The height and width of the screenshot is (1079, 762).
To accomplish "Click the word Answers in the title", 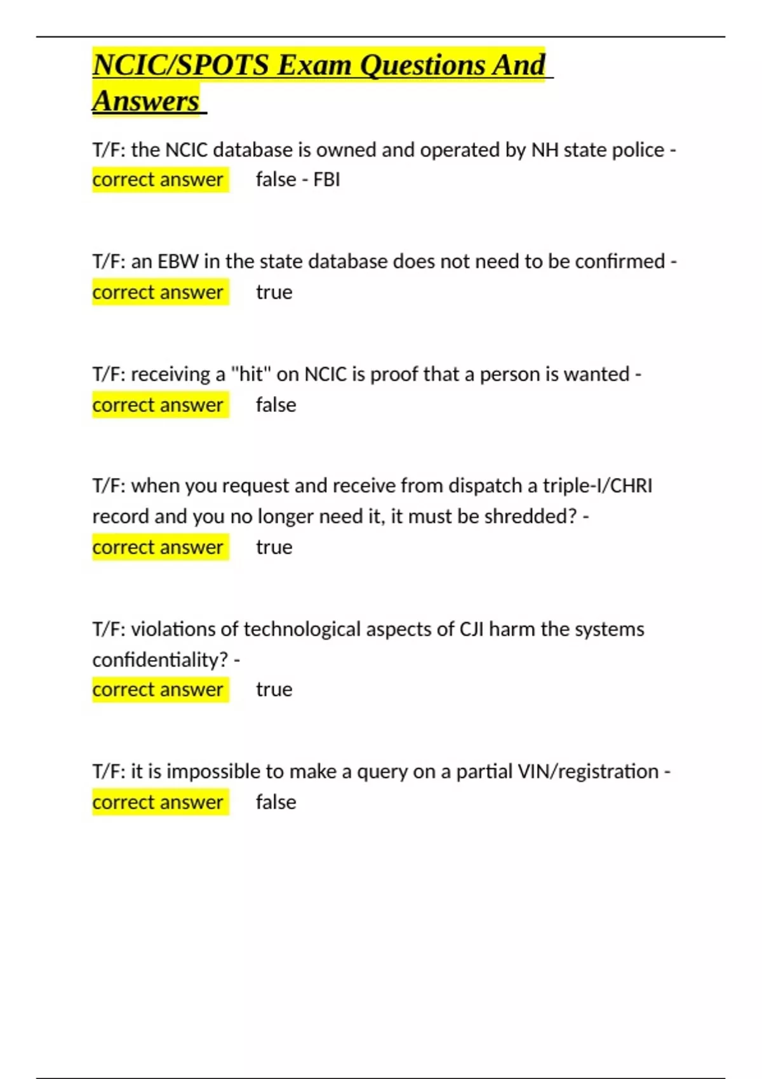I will point(146,102).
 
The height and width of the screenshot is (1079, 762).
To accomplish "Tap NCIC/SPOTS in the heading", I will point(181,65).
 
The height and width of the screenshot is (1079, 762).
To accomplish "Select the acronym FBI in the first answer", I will point(326,180).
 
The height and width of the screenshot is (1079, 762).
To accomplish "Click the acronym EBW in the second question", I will point(178,261).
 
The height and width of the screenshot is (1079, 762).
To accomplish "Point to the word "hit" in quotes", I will point(251,374).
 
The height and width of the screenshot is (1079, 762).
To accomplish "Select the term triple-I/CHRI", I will point(597,486).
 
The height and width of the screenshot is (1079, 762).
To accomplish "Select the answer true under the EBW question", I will point(274,293).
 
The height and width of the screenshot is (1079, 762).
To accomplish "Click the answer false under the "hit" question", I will point(276,405).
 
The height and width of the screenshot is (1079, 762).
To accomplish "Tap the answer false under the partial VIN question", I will point(276,802).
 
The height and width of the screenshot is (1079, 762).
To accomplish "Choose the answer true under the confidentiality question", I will point(274,690).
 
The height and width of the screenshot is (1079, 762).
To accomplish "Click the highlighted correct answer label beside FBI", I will point(158,180).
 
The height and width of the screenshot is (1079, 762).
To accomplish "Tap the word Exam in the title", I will point(314,65).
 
